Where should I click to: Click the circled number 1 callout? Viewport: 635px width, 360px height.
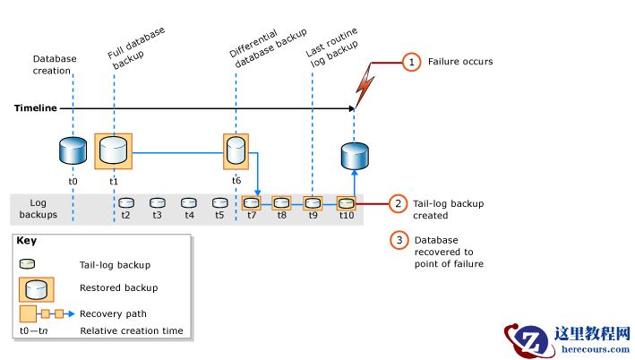(x=410, y=62)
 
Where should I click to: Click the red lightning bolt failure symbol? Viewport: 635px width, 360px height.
(x=365, y=82)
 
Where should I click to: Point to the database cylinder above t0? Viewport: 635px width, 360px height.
(x=73, y=151)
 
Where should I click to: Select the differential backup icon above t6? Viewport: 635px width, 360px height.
(x=236, y=151)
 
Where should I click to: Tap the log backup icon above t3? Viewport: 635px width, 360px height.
(x=158, y=203)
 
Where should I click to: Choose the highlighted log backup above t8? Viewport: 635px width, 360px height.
(x=281, y=203)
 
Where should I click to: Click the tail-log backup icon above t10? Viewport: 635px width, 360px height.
(x=346, y=203)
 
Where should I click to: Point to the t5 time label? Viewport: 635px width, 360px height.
(x=219, y=215)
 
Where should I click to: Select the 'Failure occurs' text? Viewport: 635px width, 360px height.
(x=460, y=62)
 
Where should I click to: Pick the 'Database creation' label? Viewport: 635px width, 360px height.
(x=55, y=65)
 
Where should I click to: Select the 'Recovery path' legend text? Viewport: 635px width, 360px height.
(x=114, y=313)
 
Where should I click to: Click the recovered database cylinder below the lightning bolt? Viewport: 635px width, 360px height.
(x=354, y=156)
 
